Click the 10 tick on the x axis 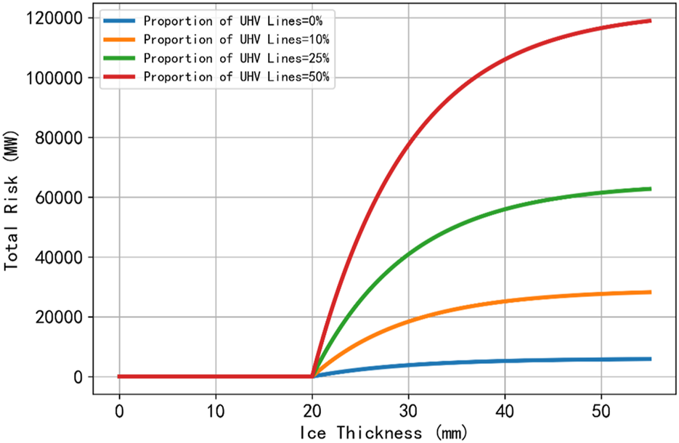pos(216,410)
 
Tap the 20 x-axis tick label pos(312,410)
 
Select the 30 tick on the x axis pos(409,410)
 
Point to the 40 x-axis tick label pos(505,410)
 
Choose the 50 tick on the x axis pos(601,410)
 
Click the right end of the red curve pos(650,21)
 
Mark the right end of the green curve pos(650,189)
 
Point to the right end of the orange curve pos(650,292)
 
